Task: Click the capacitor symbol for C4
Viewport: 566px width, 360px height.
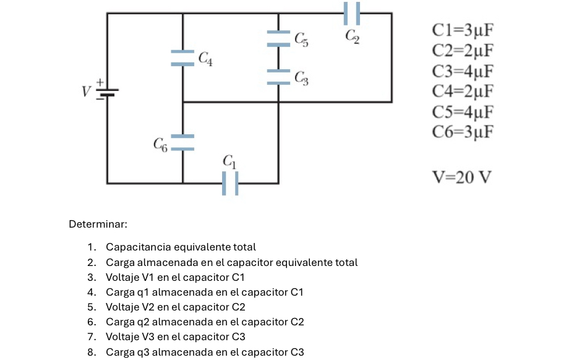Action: pyautogui.click(x=182, y=58)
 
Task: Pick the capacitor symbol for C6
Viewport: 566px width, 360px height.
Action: pyautogui.click(x=182, y=142)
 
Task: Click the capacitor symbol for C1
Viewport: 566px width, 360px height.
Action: pyautogui.click(x=230, y=183)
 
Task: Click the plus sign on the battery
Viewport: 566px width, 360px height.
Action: pyautogui.click(x=98, y=82)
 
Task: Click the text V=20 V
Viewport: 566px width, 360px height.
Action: pyautogui.click(x=461, y=178)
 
